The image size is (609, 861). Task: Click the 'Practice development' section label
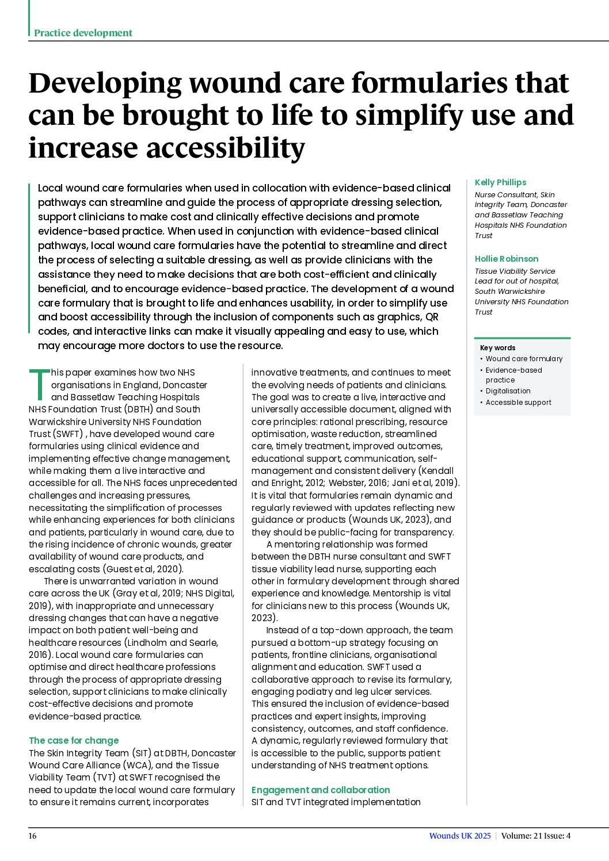coord(83,33)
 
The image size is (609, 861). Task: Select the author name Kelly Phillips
coord(500,182)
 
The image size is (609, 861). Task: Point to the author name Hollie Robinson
coord(507,259)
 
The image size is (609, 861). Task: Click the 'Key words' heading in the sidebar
coord(497,348)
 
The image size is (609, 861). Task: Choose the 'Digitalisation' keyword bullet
coord(508,391)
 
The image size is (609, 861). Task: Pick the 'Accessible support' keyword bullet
coord(518,403)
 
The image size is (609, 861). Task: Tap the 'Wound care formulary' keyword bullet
coord(524,359)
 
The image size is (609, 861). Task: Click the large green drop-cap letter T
coord(39,384)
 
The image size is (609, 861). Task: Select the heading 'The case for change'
coord(74,741)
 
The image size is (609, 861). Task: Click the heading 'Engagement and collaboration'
coord(321,790)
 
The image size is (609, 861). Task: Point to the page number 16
coord(33,836)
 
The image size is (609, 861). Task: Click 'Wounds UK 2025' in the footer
coord(460,836)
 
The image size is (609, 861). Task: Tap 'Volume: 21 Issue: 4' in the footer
coord(535,836)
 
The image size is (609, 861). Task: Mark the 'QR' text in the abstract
coord(432,317)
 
